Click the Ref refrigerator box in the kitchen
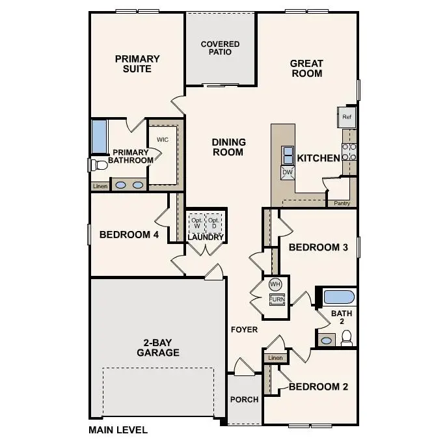pyautogui.click(x=346, y=118)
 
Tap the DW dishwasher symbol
pyautogui.click(x=287, y=172)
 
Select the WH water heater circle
pyautogui.click(x=275, y=284)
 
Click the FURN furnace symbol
pyautogui.click(x=277, y=299)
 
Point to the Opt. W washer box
pyautogui.click(x=196, y=223)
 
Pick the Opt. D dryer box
pyautogui.click(x=215, y=223)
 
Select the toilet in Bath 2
pyautogui.click(x=347, y=338)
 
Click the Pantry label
pyautogui.click(x=342, y=203)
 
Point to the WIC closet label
pyautogui.click(x=163, y=140)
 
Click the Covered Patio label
pyautogui.click(x=220, y=48)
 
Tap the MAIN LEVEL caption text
pyautogui.click(x=118, y=429)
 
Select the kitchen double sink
pyautogui.click(x=287, y=155)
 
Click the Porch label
pyautogui.click(x=245, y=400)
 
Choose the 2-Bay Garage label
pyautogui.click(x=157, y=347)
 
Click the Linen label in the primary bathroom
pyautogui.click(x=100, y=186)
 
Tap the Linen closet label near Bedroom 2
pyautogui.click(x=275, y=358)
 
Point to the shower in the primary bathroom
pyautogui.click(x=99, y=135)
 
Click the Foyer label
pyautogui.click(x=244, y=330)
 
